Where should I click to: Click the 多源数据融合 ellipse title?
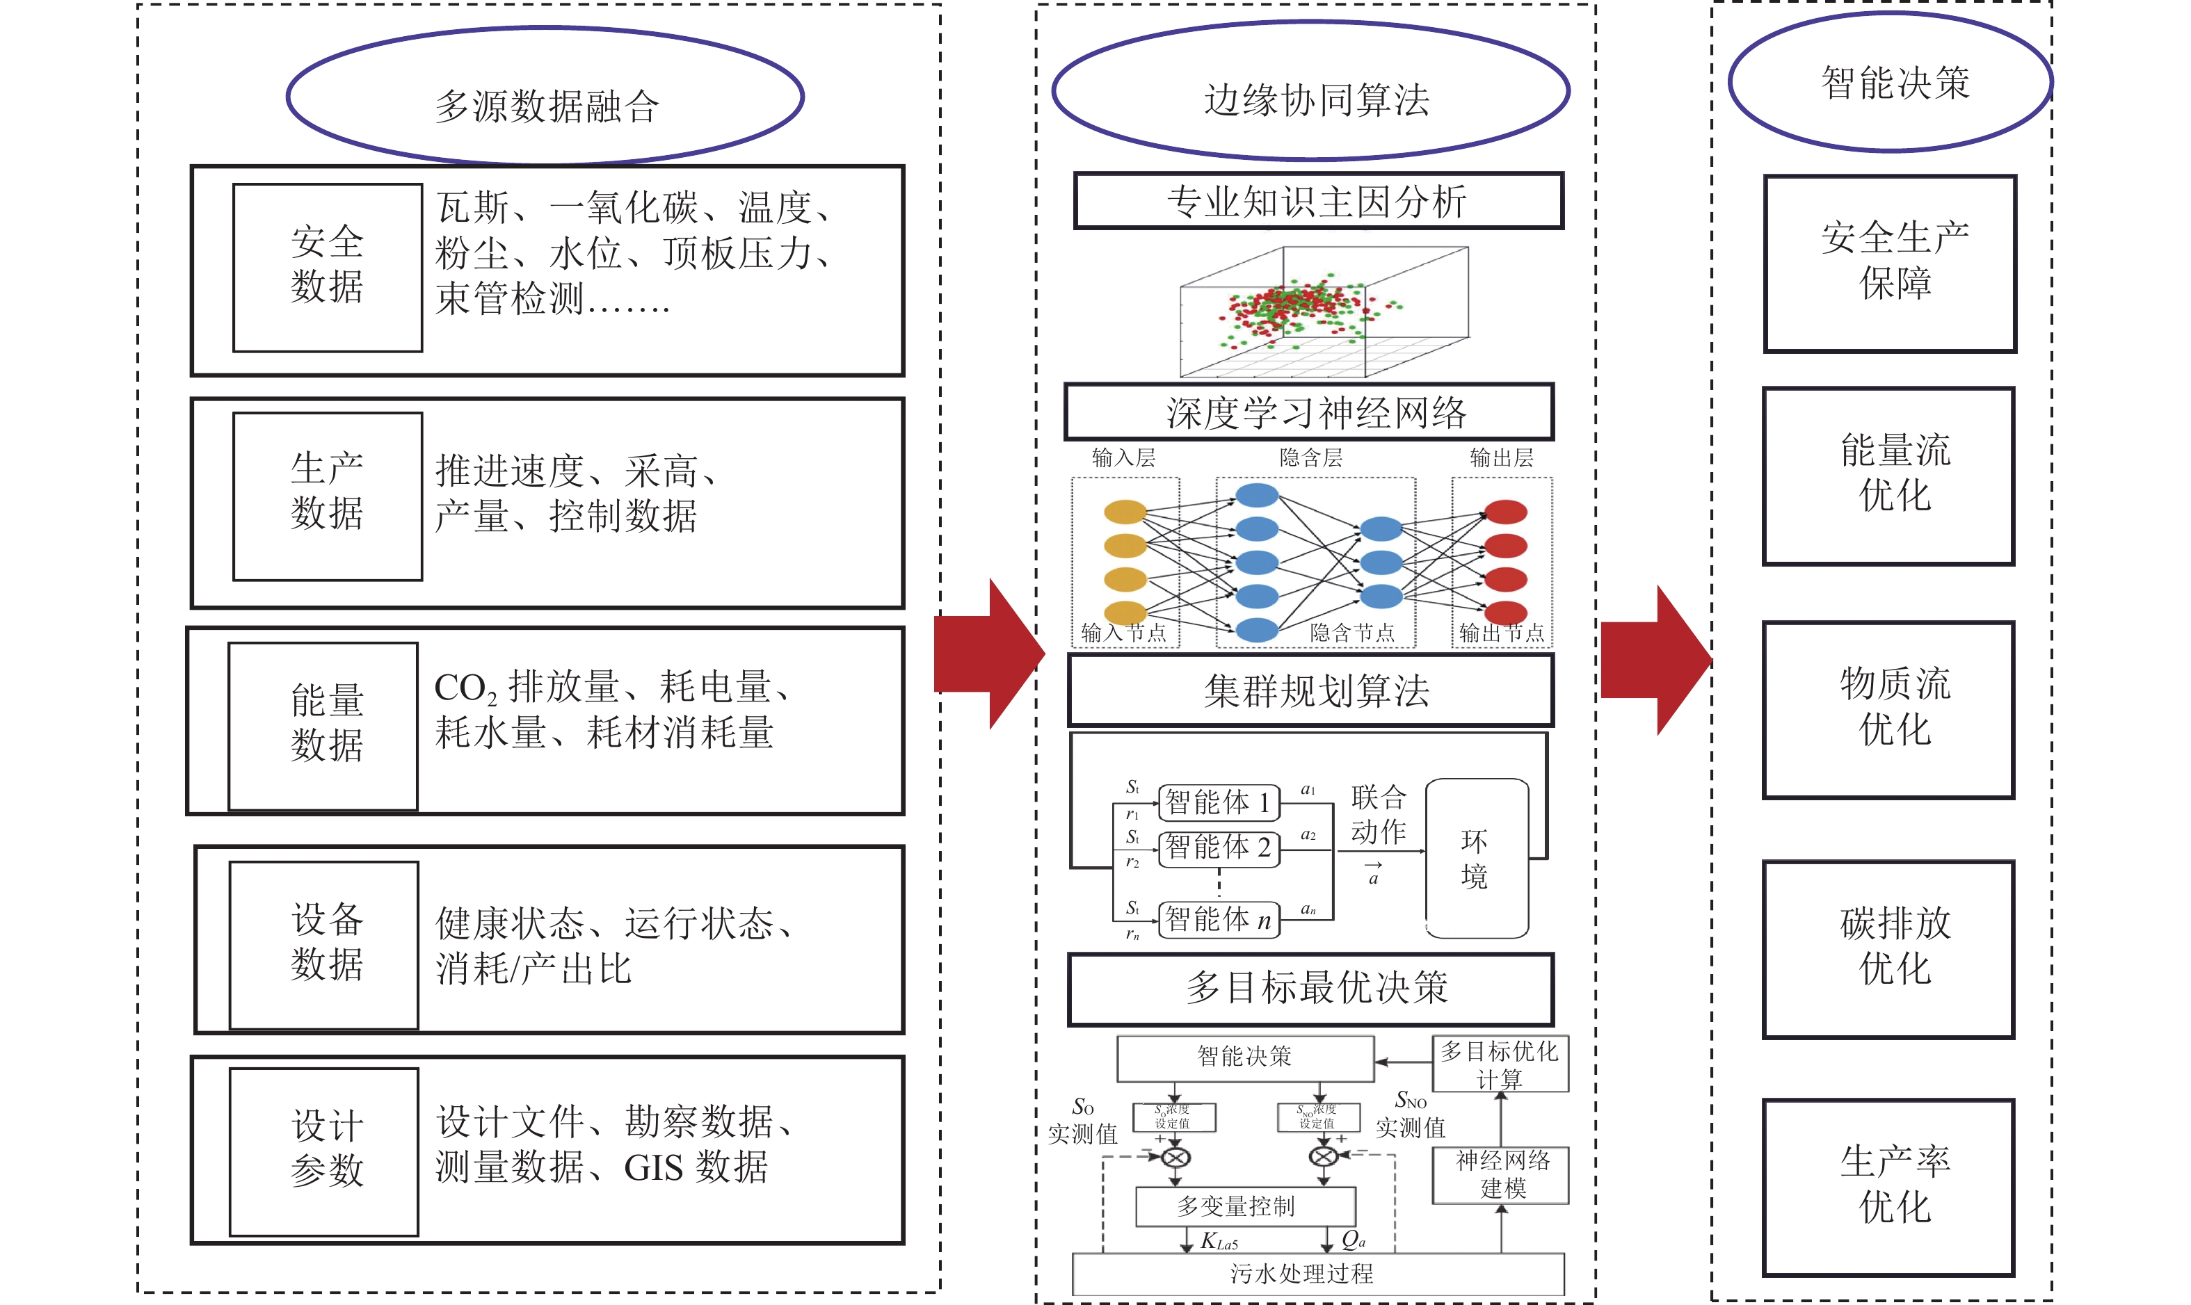coord(545,97)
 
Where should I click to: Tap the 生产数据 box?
coord(327,496)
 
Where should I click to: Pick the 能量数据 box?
coord(323,725)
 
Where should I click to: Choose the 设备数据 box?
coord(323,944)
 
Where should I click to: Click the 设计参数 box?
coord(323,1151)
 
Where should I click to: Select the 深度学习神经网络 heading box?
coord(1310,412)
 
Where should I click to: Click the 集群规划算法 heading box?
coord(1310,690)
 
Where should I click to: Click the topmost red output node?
coord(1505,511)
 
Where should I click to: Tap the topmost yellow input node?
coord(1125,511)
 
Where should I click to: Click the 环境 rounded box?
coord(1476,857)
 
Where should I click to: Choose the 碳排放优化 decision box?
coord(1888,949)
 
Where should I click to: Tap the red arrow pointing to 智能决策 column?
coord(1653,660)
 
